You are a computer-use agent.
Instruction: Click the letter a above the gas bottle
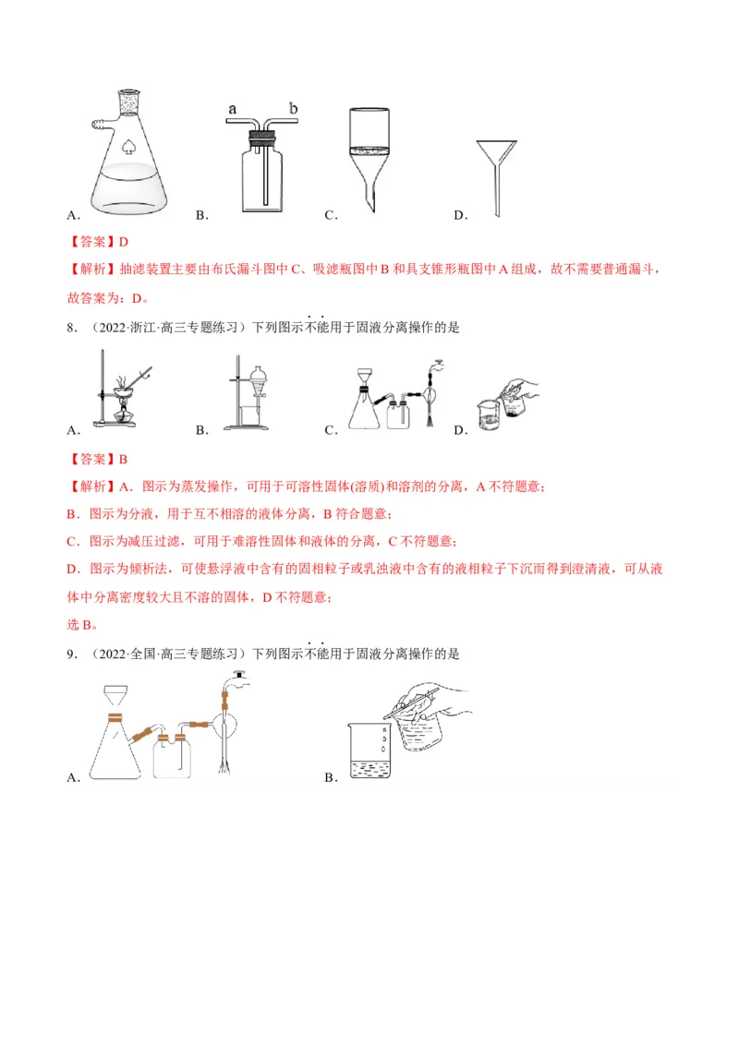click(x=232, y=109)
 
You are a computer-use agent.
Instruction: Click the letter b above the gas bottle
click(x=293, y=108)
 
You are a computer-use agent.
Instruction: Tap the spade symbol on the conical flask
click(x=127, y=145)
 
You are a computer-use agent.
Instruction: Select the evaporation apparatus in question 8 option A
click(x=116, y=393)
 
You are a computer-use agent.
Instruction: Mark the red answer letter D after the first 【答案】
click(x=123, y=242)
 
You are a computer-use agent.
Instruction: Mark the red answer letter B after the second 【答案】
click(x=123, y=459)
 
